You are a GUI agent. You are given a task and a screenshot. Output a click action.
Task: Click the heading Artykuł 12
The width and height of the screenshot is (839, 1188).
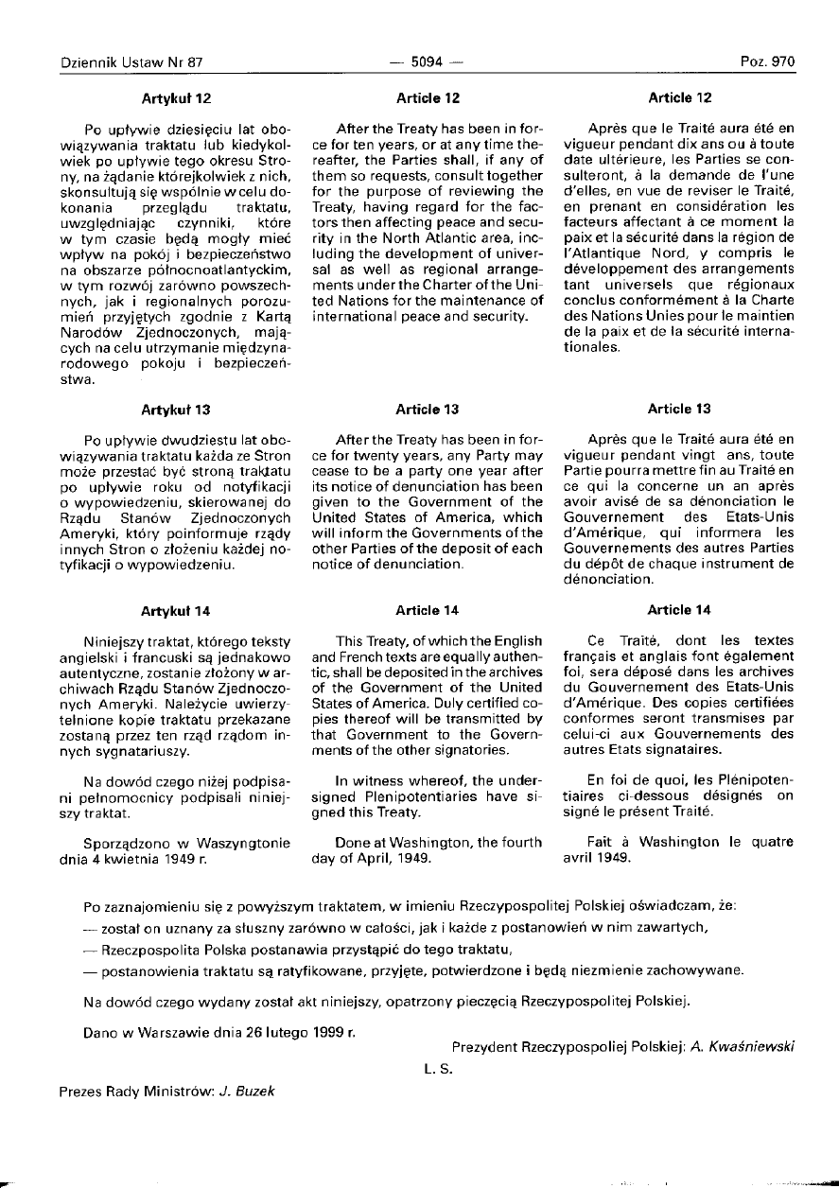176,97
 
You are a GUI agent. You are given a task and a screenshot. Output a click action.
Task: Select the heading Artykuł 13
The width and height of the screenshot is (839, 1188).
176,410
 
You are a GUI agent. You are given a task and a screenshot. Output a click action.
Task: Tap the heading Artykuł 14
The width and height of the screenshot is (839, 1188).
176,610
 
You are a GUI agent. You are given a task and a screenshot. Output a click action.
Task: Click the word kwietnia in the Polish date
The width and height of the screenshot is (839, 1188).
137,858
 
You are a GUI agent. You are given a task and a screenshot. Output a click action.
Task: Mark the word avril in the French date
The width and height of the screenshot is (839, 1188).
578,856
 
